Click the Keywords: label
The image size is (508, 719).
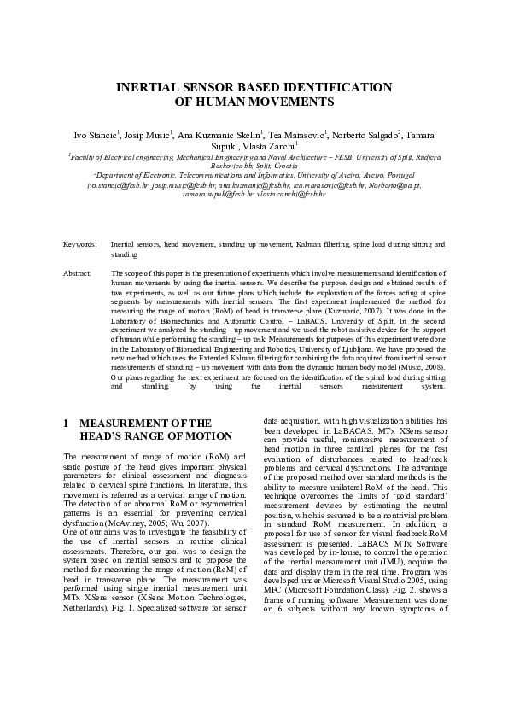(x=80, y=244)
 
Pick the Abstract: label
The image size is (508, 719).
(x=78, y=272)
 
